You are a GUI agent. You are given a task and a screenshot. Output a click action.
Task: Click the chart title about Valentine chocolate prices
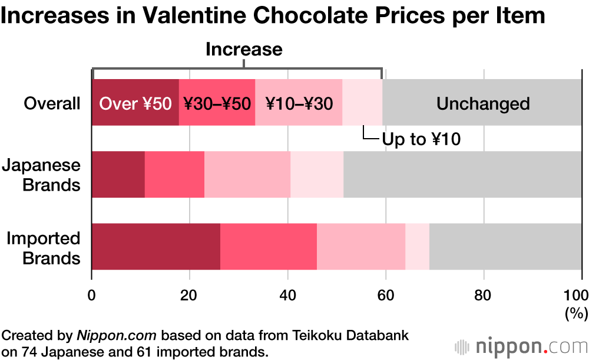(273, 16)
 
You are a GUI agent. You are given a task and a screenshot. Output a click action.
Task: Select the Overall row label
(52, 104)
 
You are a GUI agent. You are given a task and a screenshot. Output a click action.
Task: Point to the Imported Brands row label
(43, 248)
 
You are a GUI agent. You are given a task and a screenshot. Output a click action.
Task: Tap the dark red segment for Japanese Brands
(118, 175)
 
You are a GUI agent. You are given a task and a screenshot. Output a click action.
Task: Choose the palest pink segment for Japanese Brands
(317, 175)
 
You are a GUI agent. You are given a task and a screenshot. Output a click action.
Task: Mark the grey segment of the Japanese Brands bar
(462, 175)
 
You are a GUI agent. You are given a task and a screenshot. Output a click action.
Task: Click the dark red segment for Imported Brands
(156, 247)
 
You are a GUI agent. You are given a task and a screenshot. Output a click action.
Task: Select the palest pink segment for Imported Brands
(417, 247)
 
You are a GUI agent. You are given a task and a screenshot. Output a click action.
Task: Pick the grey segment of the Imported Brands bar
(505, 247)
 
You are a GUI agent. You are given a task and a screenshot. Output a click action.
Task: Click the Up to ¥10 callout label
(421, 139)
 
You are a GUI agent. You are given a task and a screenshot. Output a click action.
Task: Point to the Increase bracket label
(244, 49)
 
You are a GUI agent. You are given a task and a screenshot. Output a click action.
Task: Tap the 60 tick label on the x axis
(385, 294)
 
